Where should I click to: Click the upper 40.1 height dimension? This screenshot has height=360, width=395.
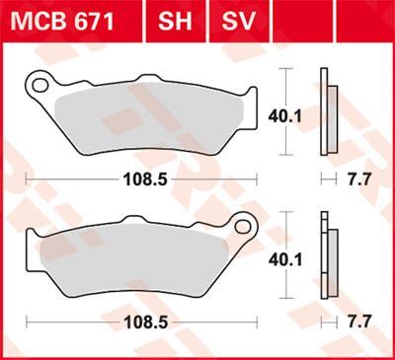tap(283, 114)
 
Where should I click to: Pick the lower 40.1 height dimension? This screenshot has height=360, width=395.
tap(283, 257)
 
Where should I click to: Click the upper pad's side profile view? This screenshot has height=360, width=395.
tap(328, 113)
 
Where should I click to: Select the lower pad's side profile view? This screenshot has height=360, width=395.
tap(328, 256)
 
